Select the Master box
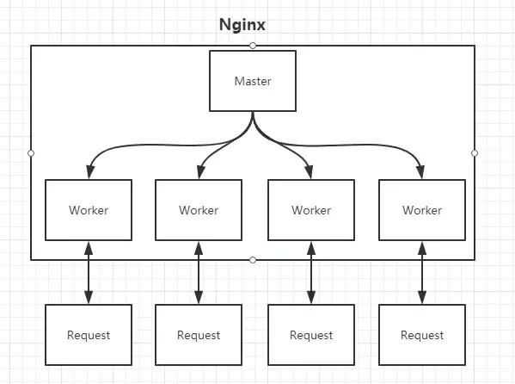click(253, 81)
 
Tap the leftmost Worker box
click(88, 210)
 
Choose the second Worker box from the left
click(199, 210)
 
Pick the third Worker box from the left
click(310, 210)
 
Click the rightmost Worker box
click(422, 210)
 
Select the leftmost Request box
click(88, 335)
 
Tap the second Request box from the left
click(199, 335)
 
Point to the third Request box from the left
click(310, 335)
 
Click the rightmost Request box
click(422, 335)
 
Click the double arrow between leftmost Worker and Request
click(88, 272)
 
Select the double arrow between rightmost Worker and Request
click(422, 272)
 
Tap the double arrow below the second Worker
click(199, 272)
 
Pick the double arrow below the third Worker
click(310, 272)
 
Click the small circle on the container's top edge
click(253, 45)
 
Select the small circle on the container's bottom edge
click(253, 260)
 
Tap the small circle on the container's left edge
click(31, 152)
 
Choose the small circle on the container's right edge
click(475, 152)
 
